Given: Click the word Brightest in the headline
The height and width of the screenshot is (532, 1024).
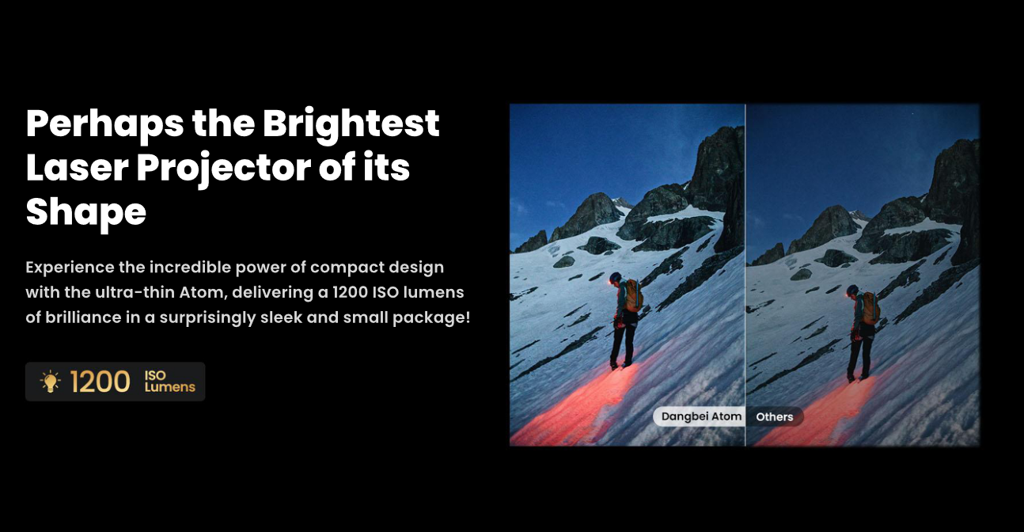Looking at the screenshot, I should (x=351, y=123).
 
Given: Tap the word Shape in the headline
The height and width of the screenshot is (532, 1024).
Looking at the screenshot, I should (x=85, y=211).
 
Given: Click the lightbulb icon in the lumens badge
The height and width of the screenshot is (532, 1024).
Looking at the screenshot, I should (x=51, y=382).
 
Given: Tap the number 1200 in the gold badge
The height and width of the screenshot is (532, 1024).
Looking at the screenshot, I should (x=101, y=382).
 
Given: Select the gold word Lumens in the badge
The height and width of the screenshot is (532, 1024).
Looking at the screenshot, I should (x=169, y=387).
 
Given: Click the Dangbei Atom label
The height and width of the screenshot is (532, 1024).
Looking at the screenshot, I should (x=701, y=416).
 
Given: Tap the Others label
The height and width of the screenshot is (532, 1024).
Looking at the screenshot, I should (x=774, y=416).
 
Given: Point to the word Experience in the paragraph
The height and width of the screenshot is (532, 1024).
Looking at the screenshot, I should (x=84, y=267).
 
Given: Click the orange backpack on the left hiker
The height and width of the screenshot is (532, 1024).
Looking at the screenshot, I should (x=633, y=294).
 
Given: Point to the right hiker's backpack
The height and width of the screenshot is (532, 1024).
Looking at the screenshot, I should (x=870, y=307).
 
